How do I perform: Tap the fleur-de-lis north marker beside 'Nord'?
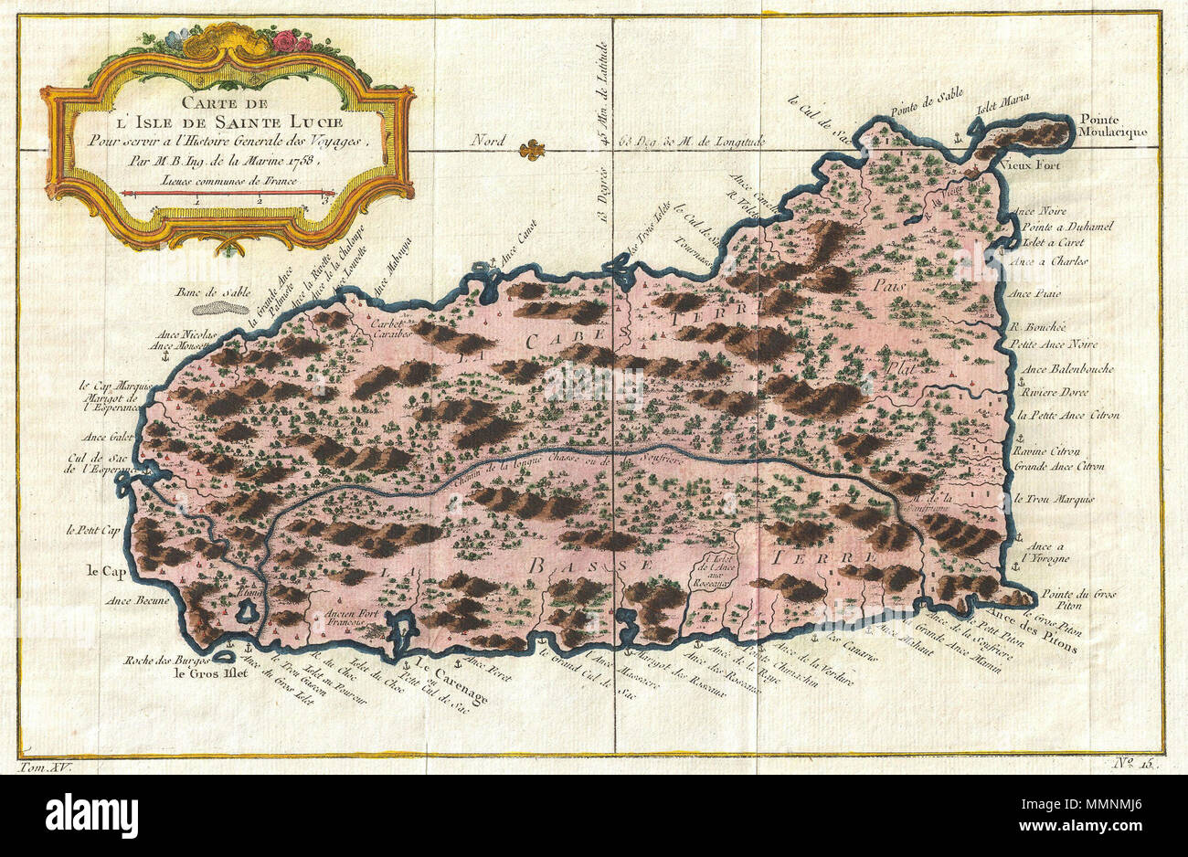(x=530, y=149)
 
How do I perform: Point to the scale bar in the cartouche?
(x=228, y=193)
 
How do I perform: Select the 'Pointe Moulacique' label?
(x=1111, y=125)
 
